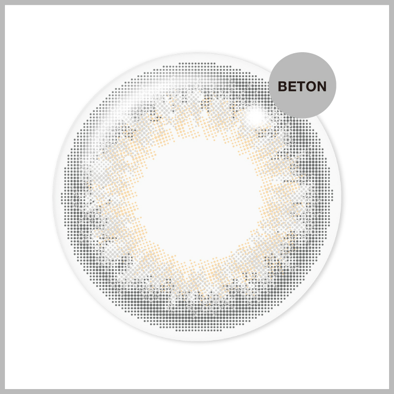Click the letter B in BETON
282,86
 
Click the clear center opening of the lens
198,198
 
